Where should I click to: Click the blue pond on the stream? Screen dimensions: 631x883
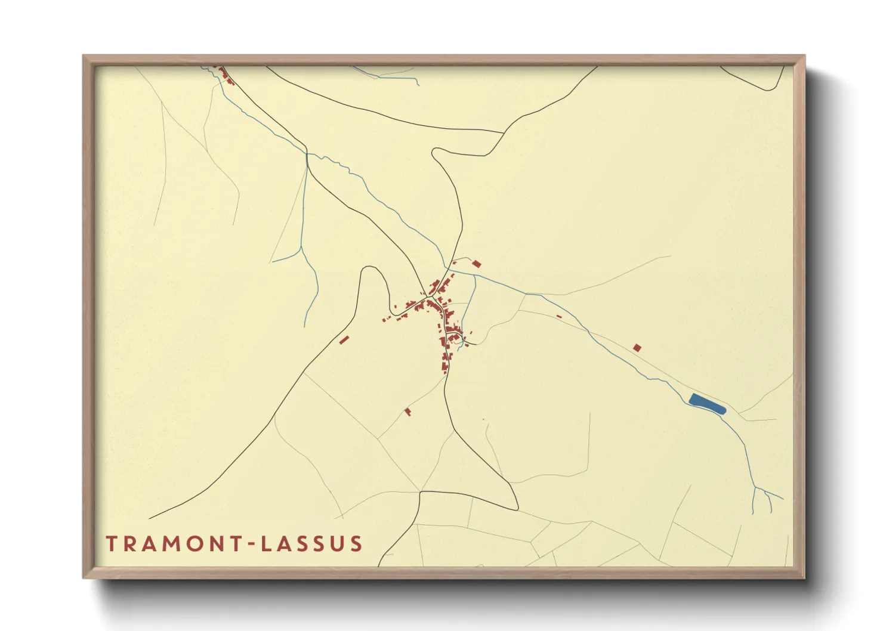(x=707, y=404)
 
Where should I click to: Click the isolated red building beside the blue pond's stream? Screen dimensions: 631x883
(x=637, y=348)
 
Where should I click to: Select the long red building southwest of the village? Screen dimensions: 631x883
(x=344, y=340)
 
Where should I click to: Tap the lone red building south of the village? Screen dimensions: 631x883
(x=408, y=411)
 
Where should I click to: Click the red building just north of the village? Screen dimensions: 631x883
(x=476, y=264)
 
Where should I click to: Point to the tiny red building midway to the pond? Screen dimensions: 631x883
(x=559, y=317)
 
